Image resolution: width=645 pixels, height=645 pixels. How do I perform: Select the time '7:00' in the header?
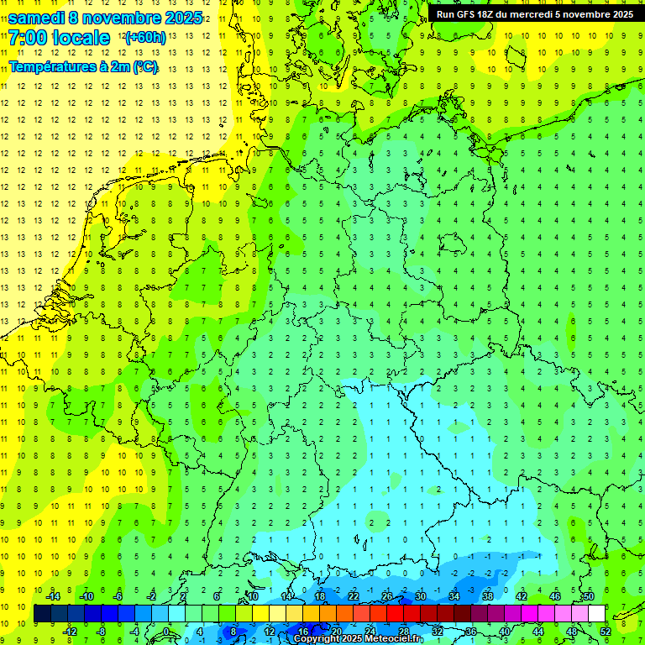click(x=28, y=38)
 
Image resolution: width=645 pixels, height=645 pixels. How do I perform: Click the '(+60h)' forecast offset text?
click(x=144, y=38)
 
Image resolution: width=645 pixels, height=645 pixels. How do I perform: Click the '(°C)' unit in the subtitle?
click(x=144, y=66)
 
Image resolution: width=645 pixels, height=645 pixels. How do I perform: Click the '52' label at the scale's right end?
click(x=604, y=632)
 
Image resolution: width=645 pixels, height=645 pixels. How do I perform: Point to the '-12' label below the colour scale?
click(x=70, y=632)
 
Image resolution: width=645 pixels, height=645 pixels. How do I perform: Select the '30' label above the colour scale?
click(x=420, y=595)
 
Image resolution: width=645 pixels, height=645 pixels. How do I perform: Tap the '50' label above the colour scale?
click(x=588, y=595)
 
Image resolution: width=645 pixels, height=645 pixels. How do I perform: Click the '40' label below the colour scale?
click(x=504, y=632)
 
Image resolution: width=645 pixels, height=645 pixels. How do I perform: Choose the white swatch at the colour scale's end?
click(x=596, y=614)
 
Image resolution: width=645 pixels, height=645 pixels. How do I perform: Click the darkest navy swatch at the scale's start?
click(x=42, y=614)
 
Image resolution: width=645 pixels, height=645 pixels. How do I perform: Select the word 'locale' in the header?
click(x=83, y=38)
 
